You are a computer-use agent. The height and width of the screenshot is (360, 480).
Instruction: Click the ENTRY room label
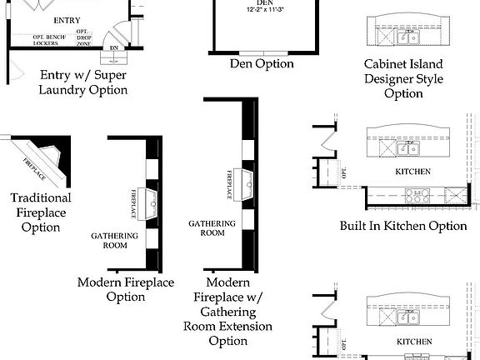[x=67, y=20]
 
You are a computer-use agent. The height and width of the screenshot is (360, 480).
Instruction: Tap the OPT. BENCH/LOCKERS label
[x=51, y=41]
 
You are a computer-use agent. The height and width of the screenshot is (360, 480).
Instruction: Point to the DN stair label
[x=114, y=48]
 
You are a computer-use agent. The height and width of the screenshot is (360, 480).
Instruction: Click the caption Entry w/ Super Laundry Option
[x=84, y=82]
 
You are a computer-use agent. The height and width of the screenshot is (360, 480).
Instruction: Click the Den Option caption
[x=262, y=63]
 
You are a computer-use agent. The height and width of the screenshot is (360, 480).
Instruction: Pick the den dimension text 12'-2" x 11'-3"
[x=264, y=10]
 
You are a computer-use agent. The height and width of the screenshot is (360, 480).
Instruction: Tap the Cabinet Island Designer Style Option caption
[x=403, y=78]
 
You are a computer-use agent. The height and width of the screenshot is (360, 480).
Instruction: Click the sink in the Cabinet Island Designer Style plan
[x=407, y=37]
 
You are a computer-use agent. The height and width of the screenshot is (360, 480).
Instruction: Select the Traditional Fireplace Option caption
[x=41, y=212]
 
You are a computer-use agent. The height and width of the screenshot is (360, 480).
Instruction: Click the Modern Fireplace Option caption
[x=126, y=289]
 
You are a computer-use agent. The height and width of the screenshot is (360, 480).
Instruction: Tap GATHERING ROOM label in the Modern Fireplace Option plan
[x=108, y=241]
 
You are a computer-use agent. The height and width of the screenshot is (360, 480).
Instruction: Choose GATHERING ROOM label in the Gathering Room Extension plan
[x=212, y=227]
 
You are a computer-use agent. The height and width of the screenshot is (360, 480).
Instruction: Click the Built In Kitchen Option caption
[x=403, y=226]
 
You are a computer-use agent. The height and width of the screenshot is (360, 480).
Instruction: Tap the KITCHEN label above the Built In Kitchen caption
[x=413, y=172]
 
